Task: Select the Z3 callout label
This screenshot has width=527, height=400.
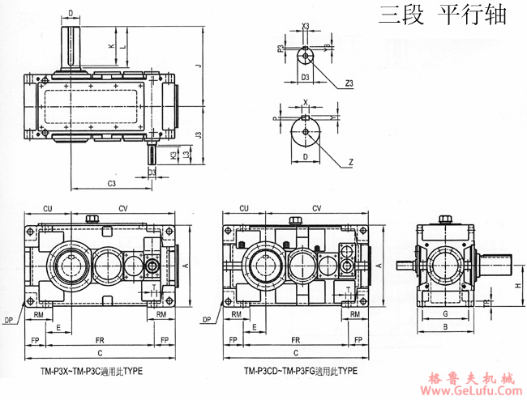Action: point(348,83)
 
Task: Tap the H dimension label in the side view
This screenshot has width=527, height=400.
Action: point(516,287)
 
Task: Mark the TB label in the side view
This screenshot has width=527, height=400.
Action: point(508,304)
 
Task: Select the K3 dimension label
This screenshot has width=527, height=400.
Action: point(173,154)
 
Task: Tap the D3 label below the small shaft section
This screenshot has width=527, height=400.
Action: point(306,76)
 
